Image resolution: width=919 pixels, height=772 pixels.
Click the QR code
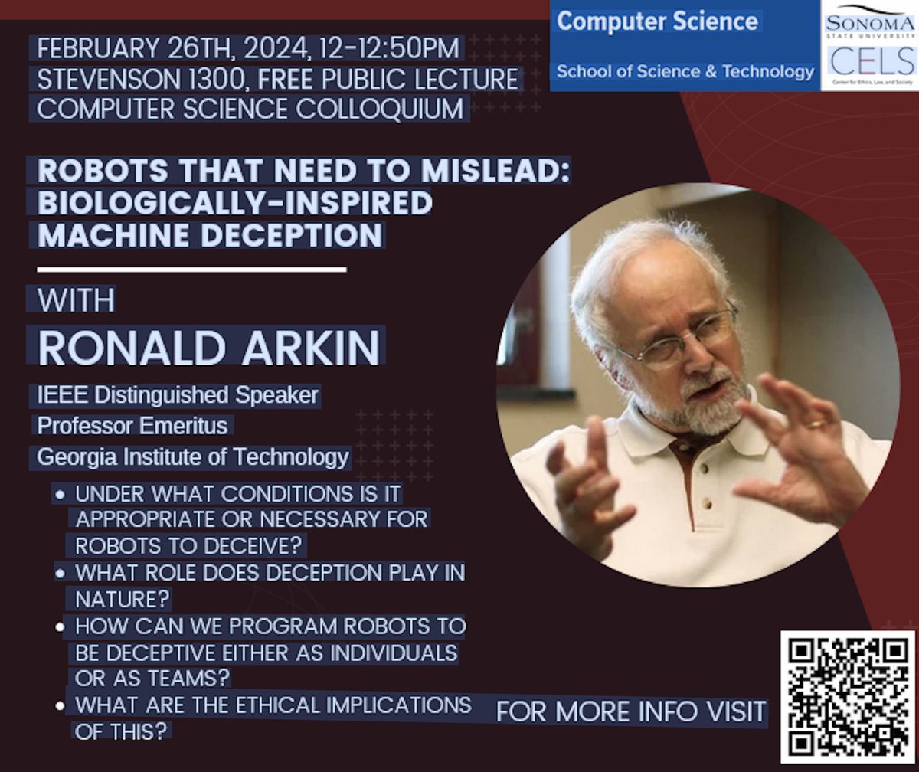coord(847,696)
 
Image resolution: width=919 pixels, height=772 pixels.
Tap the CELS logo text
coord(868,61)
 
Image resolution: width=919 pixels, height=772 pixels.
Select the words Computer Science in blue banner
coord(658,21)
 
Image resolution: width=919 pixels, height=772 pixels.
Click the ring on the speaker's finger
coord(816,424)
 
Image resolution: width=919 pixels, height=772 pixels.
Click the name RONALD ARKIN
coord(209,347)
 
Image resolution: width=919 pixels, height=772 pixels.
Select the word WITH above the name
coord(76,299)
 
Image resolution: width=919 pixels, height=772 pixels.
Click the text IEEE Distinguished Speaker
coord(178,395)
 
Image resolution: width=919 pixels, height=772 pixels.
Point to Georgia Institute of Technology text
coord(193,457)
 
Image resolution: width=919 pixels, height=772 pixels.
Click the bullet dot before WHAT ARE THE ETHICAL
coord(59,705)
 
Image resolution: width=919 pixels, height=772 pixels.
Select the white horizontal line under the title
coord(191,269)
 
